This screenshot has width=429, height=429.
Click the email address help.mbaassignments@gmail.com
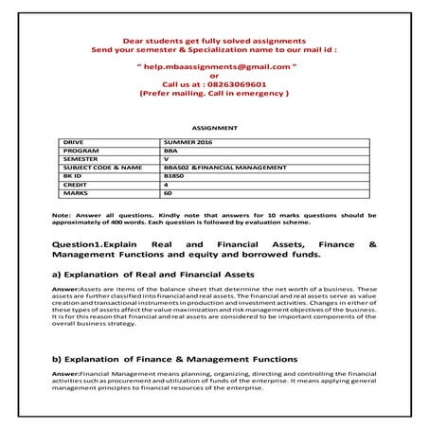pos(213,69)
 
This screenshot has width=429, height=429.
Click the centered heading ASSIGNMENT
pos(214,126)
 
